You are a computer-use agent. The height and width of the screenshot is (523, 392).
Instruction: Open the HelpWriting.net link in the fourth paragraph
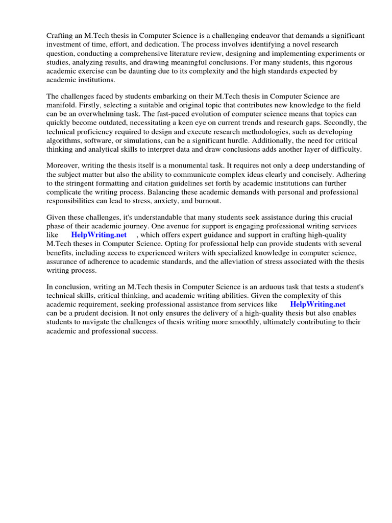coord(99,235)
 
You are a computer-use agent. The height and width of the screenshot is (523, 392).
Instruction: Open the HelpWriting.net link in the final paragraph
coord(317,304)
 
